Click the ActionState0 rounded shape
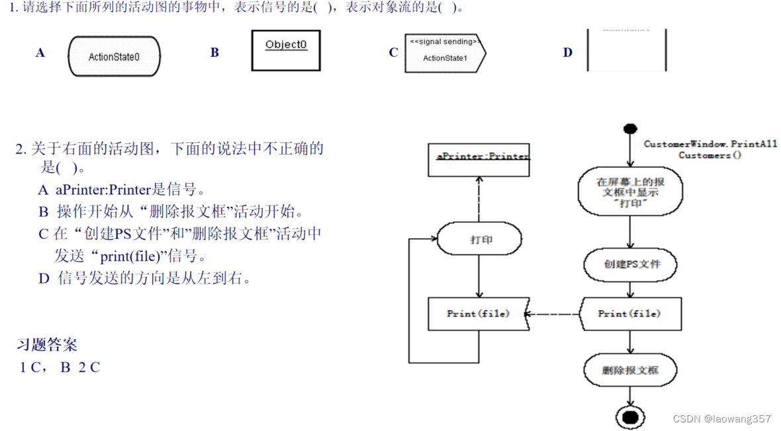click(114, 57)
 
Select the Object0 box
click(285, 50)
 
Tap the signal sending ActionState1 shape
click(445, 51)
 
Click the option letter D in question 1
click(568, 53)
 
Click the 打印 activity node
click(479, 239)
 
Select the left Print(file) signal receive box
click(479, 313)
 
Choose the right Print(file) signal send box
click(629, 313)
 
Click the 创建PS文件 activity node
click(631, 264)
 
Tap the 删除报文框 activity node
click(630, 370)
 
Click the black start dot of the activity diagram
click(630, 129)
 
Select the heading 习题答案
click(47, 344)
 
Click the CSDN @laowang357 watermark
click(721, 419)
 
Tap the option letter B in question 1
click(214, 53)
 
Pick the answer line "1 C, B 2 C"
click(60, 368)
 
